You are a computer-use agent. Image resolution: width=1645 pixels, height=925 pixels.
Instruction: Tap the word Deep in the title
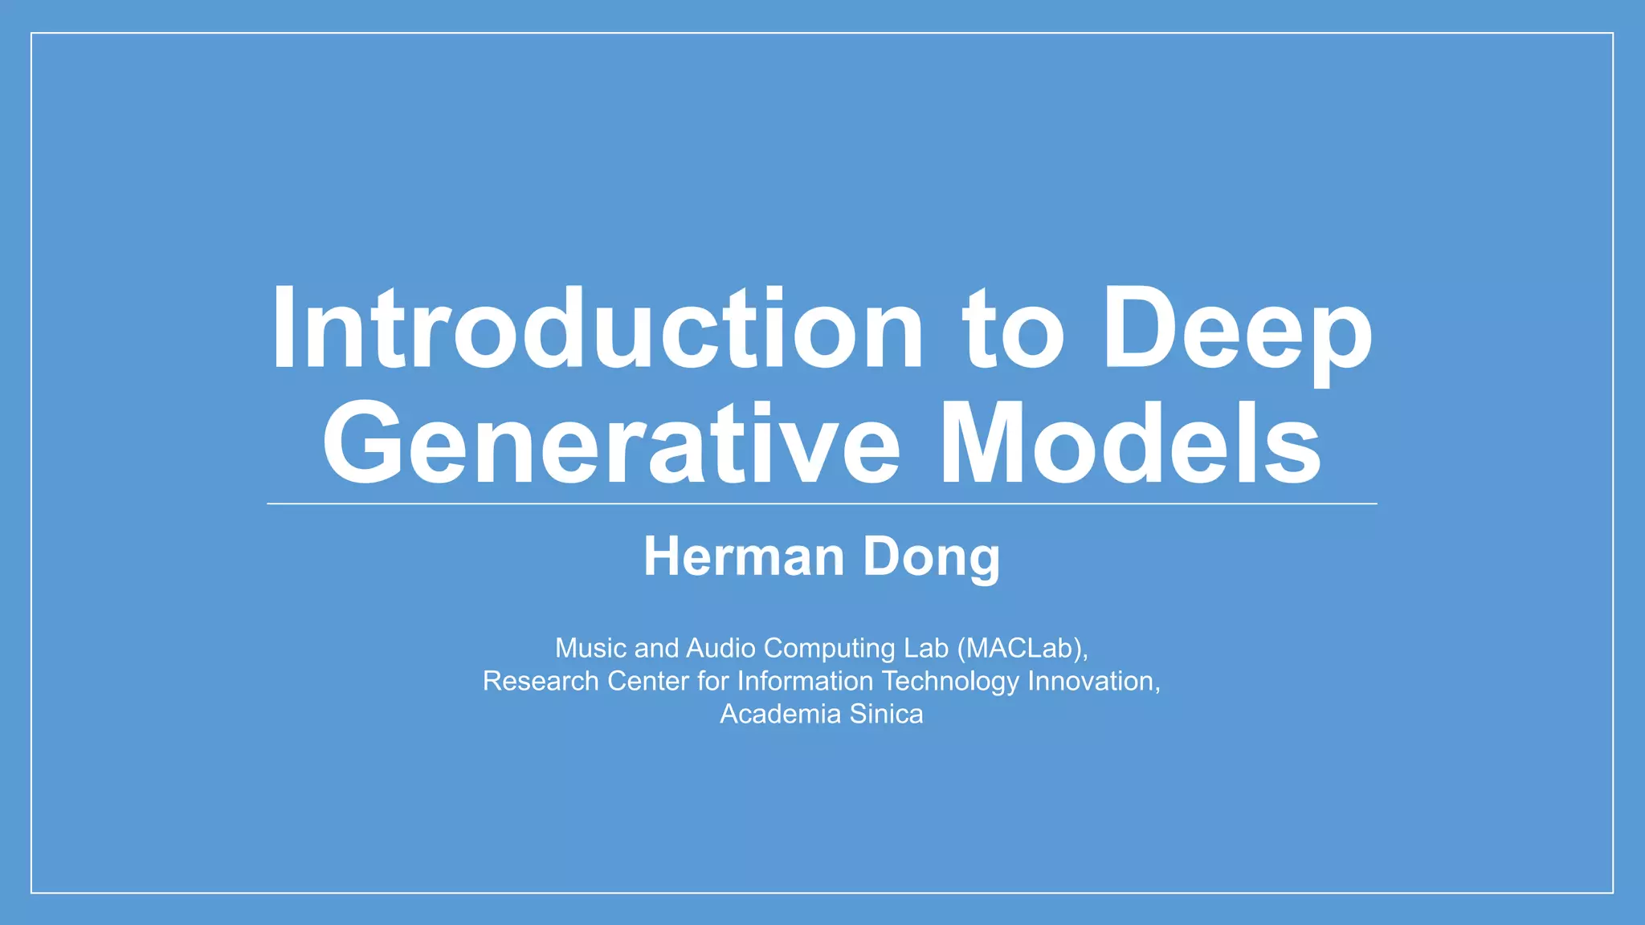point(1237,331)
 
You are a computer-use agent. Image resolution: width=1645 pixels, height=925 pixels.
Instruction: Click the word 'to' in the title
point(1014,331)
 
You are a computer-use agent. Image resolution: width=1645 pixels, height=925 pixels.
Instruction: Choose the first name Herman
point(744,556)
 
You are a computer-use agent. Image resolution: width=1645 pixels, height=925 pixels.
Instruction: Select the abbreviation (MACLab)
point(1022,648)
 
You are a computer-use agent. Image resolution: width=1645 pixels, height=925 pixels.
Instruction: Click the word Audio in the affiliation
point(720,648)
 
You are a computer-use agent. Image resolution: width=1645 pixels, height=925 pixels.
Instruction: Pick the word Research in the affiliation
point(541,681)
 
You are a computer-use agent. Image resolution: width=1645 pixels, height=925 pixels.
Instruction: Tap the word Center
point(647,681)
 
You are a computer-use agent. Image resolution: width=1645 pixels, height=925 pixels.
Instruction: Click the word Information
point(805,681)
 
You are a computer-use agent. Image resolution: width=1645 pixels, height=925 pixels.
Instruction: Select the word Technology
point(950,681)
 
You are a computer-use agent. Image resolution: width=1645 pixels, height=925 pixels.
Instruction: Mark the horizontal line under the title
point(822,503)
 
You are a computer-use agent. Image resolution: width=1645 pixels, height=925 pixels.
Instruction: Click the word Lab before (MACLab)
point(926,648)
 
